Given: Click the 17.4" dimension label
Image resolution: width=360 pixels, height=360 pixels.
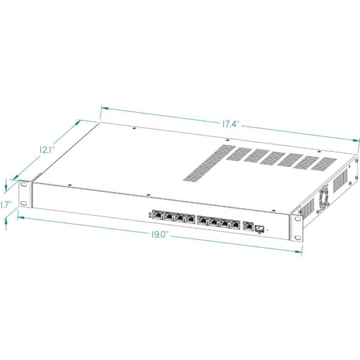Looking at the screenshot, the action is point(231,124).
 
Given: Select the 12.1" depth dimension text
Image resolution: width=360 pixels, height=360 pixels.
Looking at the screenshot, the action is point(47,150).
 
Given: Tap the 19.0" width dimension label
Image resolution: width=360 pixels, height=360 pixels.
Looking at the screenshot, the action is point(160,235).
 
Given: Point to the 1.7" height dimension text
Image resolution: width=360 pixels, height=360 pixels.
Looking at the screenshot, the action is point(6,205).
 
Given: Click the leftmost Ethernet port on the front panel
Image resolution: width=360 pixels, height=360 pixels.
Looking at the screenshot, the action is point(158,215).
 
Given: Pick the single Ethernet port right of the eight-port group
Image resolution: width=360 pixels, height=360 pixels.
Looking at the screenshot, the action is point(248,226).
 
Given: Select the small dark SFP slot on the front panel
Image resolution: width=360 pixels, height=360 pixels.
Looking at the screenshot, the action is point(259,229).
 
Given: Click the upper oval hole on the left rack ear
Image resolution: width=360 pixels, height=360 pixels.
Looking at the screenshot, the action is point(23,185).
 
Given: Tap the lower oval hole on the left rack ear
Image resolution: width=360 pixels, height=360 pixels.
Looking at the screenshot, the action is point(23,203).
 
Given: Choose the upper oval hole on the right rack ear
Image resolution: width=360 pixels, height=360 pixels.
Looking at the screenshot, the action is point(298,218).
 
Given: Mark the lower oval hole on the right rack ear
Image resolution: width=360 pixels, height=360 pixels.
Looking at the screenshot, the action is point(298,238).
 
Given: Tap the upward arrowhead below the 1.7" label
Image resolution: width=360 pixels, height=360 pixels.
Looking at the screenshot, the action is point(6,221).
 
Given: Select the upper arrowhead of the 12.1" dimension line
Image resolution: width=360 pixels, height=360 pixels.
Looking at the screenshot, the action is point(77,122).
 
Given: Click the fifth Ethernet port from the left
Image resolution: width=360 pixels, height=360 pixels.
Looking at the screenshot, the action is point(202,221).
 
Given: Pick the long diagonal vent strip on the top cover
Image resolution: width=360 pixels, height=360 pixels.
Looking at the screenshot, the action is point(209,163).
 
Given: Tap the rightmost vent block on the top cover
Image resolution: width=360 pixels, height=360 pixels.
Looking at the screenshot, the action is point(324,164).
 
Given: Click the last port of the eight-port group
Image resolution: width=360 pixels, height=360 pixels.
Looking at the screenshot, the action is point(235,224).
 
